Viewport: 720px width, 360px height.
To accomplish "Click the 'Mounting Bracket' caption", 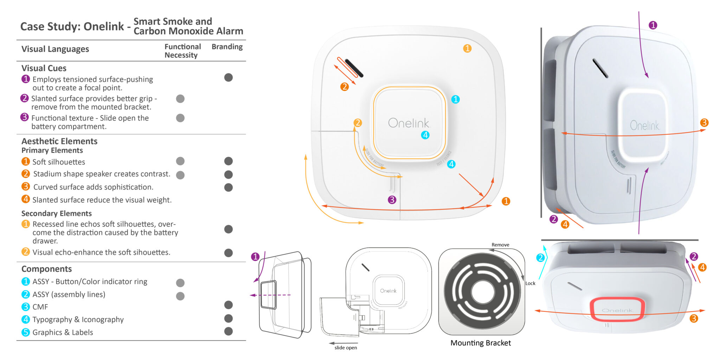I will tap(481, 343).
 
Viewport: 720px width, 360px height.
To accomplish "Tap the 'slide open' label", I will tap(346, 348).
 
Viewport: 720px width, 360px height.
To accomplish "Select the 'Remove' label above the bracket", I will tap(500, 245).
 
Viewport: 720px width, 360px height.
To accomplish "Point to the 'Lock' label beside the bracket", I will tap(530, 283).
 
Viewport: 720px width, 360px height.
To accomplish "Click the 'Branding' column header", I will tap(227, 47).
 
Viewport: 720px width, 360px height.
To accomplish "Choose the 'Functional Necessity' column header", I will tap(182, 51).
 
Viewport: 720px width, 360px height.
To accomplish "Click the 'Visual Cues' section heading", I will tap(44, 68).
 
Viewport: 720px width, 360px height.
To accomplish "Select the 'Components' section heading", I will tap(47, 269).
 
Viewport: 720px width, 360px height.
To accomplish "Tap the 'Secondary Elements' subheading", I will tap(57, 213).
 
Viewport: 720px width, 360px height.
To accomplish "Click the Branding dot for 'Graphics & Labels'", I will tap(229, 331).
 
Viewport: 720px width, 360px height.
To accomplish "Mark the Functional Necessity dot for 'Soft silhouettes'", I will tap(180, 161).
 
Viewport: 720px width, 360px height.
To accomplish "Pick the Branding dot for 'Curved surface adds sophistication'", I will tap(229, 187).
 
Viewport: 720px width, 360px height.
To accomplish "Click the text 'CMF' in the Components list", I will tap(40, 307).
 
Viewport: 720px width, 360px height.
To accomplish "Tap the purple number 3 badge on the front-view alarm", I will tap(392, 200).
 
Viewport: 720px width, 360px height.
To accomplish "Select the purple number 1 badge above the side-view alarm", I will tap(653, 25).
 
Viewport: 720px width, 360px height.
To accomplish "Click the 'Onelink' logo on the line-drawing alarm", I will tap(388, 291).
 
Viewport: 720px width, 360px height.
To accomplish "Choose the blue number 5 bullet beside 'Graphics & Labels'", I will tap(26, 332).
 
